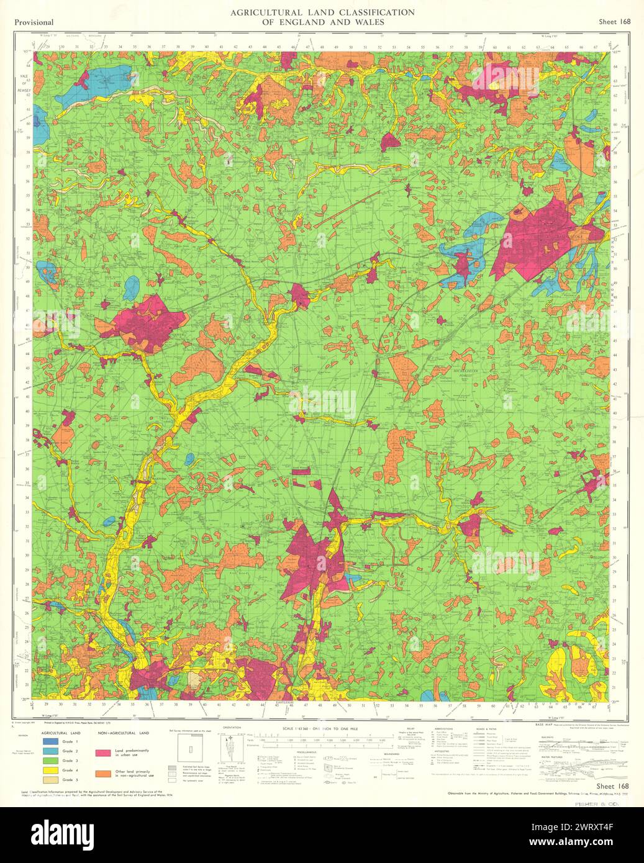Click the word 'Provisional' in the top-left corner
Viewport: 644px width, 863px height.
click(33, 22)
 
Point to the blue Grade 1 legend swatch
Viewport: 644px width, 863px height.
click(50, 742)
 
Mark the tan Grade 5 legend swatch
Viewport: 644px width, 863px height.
click(50, 780)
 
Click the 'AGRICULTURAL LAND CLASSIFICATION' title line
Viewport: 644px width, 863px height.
click(322, 12)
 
